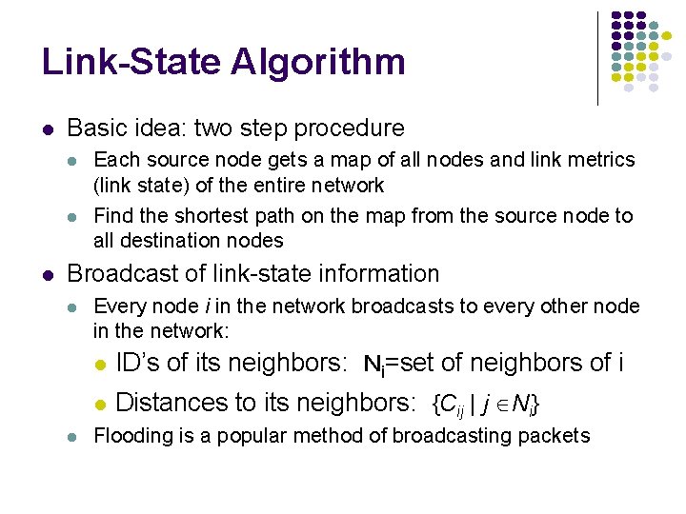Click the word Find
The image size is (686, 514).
[x=111, y=216]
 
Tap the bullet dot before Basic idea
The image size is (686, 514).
[x=48, y=129]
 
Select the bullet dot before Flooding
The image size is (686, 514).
[x=73, y=437]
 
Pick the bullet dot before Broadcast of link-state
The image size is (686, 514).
[x=48, y=275]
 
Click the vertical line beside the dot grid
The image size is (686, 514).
[x=598, y=57]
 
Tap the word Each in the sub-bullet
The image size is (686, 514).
[x=113, y=161]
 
